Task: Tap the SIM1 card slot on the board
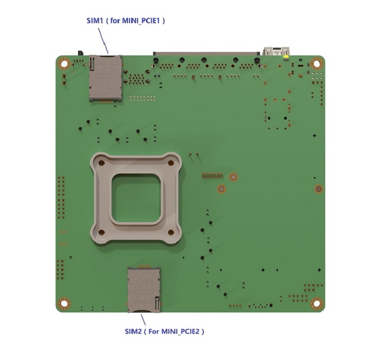coord(106,78)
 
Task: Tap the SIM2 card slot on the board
coord(144,290)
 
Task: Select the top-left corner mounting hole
coord(64,64)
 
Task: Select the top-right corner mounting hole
coord(317,63)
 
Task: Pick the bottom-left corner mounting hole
coord(64,303)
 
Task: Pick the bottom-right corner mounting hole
coord(317,303)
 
